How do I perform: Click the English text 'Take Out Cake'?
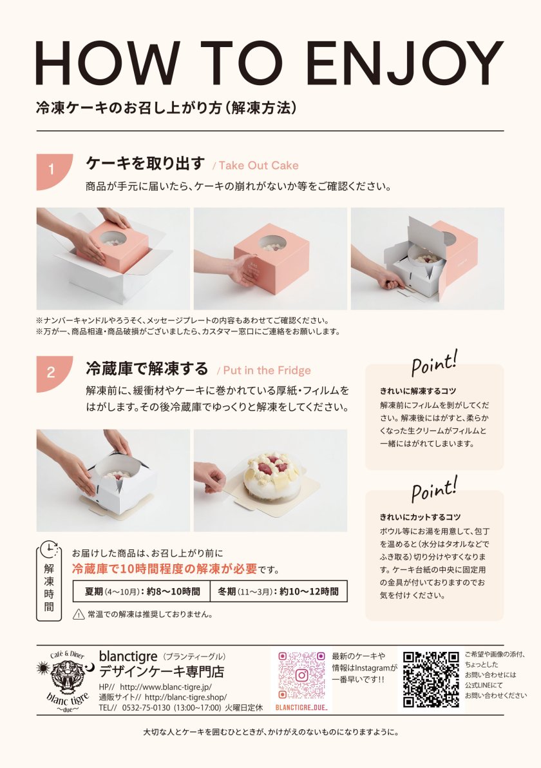258,166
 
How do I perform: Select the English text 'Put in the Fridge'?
267,370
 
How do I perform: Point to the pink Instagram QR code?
301,675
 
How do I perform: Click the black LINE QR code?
431,679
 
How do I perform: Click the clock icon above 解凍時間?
50,550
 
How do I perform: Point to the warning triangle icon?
79,614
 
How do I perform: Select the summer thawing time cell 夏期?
141,592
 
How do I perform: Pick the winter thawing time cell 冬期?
278,592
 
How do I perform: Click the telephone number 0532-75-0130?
146,708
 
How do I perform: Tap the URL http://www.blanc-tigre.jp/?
166,687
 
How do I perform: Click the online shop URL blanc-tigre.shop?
186,697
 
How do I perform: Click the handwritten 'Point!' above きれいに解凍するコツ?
434,363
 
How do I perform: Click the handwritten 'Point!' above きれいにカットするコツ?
434,489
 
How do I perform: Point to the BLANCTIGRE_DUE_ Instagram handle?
301,708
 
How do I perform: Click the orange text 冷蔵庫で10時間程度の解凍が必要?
164,569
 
